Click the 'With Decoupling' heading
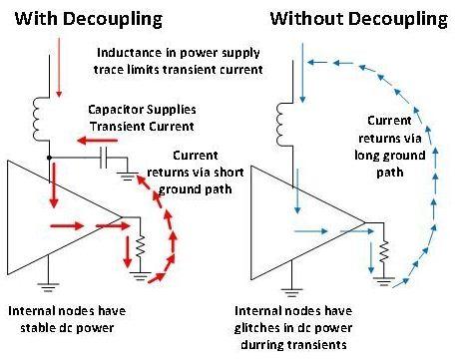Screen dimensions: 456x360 (x=89, y=19)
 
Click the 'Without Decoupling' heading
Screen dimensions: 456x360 (x=359, y=19)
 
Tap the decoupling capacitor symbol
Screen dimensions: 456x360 (x=104, y=158)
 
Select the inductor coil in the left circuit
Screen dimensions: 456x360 (x=38, y=119)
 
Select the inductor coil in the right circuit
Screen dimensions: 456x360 (x=282, y=124)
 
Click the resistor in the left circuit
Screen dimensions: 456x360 (x=141, y=245)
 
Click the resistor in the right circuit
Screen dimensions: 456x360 (x=384, y=250)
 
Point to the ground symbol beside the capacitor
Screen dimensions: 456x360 (x=127, y=176)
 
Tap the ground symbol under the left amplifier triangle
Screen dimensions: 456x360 (x=48, y=287)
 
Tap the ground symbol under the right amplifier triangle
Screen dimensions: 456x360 (x=291, y=292)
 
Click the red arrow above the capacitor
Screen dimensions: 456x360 (x=97, y=141)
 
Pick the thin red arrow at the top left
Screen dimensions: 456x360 (x=59, y=68)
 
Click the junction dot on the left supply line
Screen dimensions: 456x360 (x=49, y=158)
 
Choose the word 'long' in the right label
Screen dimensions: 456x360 (x=367, y=156)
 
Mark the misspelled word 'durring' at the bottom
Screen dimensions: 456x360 (x=261, y=345)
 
